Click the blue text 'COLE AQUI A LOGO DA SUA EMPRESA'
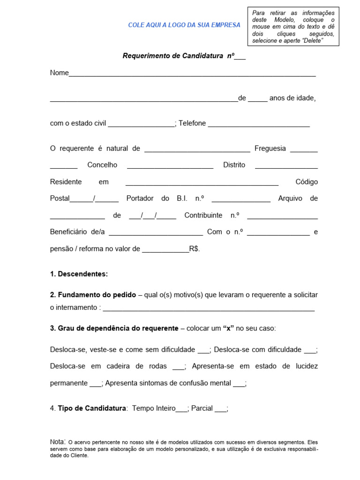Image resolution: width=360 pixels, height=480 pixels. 184,25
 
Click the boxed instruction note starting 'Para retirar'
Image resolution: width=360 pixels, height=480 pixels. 293,27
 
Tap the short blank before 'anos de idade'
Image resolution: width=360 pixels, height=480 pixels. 257,100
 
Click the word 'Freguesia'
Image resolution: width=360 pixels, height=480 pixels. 270,149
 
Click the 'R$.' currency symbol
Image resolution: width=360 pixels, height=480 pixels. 195,249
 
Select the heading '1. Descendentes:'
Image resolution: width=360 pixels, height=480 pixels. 79,274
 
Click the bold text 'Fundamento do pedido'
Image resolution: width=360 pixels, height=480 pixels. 97,295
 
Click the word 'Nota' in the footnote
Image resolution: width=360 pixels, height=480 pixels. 57,442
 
